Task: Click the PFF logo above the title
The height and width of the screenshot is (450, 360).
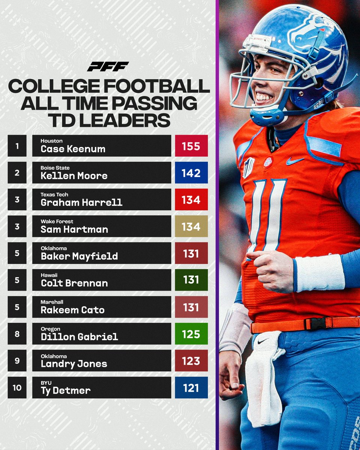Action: (x=108, y=66)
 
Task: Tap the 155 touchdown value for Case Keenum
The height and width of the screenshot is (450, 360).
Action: (x=191, y=146)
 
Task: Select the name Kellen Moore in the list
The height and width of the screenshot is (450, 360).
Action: (x=74, y=175)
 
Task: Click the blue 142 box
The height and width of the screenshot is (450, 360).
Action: (x=191, y=172)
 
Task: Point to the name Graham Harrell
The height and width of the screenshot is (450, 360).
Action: (x=81, y=202)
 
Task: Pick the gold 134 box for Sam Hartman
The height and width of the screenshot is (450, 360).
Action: (x=191, y=226)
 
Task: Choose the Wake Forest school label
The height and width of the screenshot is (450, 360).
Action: (x=57, y=222)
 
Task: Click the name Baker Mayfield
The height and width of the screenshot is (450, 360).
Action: (x=79, y=256)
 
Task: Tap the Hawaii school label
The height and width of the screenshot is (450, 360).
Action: (x=48, y=275)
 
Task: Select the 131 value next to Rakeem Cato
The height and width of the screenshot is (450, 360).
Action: (x=191, y=307)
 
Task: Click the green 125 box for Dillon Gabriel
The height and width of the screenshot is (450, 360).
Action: (x=191, y=334)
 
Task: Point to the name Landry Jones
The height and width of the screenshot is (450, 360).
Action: (x=74, y=364)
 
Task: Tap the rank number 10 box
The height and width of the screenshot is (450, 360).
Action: (x=17, y=387)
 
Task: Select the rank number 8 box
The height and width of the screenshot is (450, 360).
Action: (x=17, y=334)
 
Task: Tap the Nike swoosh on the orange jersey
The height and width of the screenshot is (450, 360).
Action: (x=294, y=161)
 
